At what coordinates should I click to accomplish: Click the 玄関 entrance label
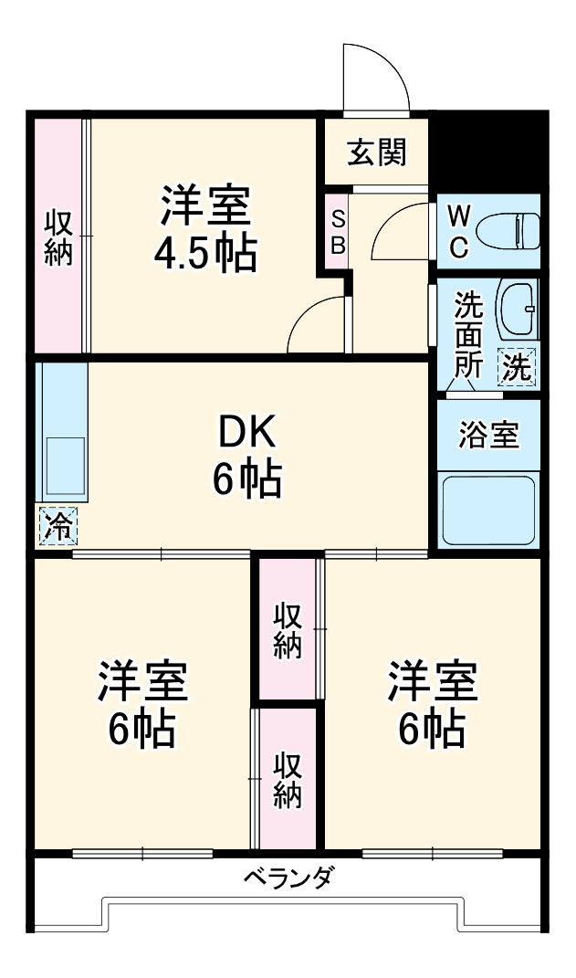(376, 153)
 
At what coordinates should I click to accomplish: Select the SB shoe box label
(338, 232)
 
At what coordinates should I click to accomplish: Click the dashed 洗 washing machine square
(517, 368)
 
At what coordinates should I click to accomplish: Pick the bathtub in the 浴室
(488, 509)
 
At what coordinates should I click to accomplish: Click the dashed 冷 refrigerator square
(58, 526)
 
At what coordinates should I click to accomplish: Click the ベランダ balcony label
(288, 878)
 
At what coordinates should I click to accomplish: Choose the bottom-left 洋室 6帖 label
(142, 703)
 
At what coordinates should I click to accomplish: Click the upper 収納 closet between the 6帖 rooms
(288, 629)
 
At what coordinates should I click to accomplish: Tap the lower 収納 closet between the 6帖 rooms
(288, 779)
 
